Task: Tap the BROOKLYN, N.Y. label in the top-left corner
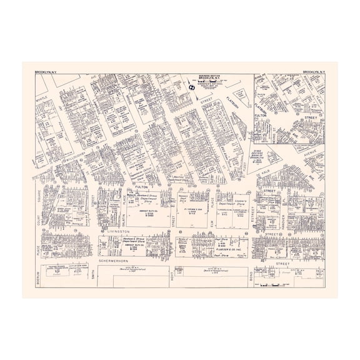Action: (46, 72)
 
